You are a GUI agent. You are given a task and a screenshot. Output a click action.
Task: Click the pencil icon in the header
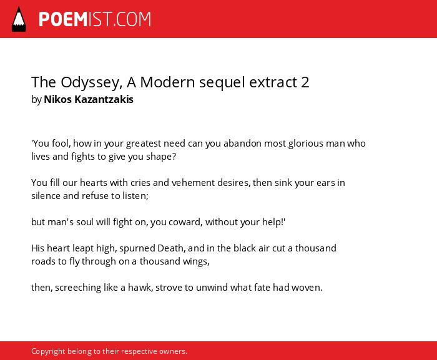point(19,19)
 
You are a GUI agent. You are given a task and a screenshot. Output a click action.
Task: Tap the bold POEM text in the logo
point(63,19)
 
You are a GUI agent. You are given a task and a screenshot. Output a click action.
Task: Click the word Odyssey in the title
point(91,83)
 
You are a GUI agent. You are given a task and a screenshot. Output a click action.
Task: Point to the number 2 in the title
point(305,82)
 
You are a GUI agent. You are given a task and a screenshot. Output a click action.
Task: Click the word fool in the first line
point(61,144)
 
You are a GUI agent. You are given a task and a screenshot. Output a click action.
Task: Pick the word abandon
point(242,144)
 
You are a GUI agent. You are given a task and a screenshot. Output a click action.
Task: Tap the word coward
point(185,222)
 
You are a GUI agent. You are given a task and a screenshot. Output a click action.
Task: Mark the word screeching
point(78,288)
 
